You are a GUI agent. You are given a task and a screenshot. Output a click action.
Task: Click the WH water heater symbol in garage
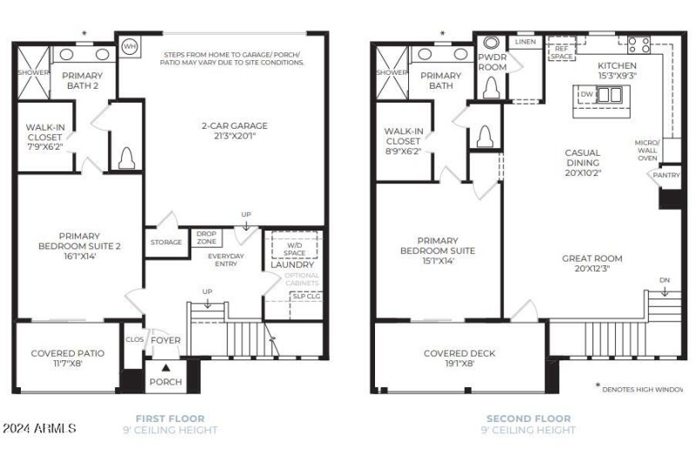pyautogui.click(x=130, y=46)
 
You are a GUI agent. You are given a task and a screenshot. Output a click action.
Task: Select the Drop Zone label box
pyautogui.click(x=206, y=237)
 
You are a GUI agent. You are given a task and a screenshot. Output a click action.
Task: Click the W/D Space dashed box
pyautogui.click(x=293, y=248)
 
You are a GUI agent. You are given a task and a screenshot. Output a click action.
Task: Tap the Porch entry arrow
pyautogui.click(x=165, y=365)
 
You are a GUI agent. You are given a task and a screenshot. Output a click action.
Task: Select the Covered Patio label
pyautogui.click(x=67, y=358)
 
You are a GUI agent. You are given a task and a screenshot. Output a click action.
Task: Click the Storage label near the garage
pyautogui.click(x=165, y=242)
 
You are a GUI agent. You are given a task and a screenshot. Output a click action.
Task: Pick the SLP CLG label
pyautogui.click(x=304, y=296)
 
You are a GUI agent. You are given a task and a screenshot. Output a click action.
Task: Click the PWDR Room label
pyautogui.click(x=492, y=61)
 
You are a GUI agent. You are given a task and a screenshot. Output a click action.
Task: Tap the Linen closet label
pyautogui.click(x=525, y=42)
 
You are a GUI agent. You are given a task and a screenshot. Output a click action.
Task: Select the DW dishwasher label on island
pyautogui.click(x=586, y=93)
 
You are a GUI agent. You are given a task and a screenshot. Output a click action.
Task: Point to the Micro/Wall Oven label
pyautogui.click(x=646, y=150)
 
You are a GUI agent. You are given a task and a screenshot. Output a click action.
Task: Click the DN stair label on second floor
pyautogui.click(x=664, y=280)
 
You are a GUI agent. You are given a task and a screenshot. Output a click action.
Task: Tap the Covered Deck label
pyautogui.click(x=458, y=358)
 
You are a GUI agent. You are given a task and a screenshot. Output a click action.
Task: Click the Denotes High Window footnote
pyautogui.click(x=644, y=389)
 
